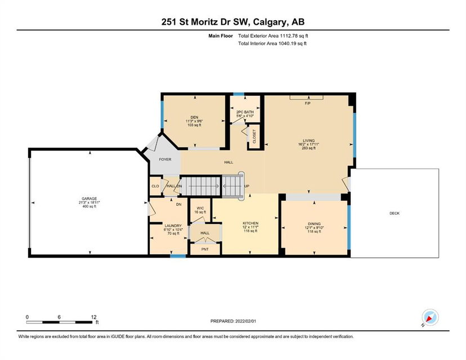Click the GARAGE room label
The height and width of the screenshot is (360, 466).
pyautogui.click(x=89, y=199)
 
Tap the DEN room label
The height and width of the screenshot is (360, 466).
pyautogui.click(x=194, y=118)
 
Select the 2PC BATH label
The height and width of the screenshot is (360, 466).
pyautogui.click(x=245, y=112)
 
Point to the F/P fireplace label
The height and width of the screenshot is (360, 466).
pyautogui.click(x=308, y=103)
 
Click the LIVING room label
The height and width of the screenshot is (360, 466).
pyautogui.click(x=309, y=141)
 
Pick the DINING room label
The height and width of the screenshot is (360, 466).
pyautogui.click(x=314, y=224)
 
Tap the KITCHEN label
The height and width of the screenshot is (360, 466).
pyautogui.click(x=250, y=223)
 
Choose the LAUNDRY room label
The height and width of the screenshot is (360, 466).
pyautogui.click(x=173, y=226)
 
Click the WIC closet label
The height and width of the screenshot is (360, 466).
pyautogui.click(x=200, y=208)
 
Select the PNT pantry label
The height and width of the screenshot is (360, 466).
pyautogui.click(x=205, y=249)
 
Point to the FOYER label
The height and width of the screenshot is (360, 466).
pyautogui.click(x=165, y=160)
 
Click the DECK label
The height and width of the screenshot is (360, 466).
pyautogui.click(x=395, y=213)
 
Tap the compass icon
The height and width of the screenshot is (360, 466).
pyautogui.click(x=431, y=317)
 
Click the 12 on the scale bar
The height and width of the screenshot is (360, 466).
pyautogui.click(x=93, y=317)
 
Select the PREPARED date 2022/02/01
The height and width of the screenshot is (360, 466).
pyautogui.click(x=245, y=321)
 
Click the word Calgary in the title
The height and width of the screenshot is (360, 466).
pyautogui.click(x=270, y=22)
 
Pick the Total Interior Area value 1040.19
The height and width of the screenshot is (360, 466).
pyautogui.click(x=288, y=43)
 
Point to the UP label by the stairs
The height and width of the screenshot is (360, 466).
pyautogui.click(x=247, y=186)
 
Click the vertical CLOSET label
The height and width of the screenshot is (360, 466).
pyautogui.click(x=254, y=136)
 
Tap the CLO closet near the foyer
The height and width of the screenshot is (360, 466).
pyautogui.click(x=155, y=186)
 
